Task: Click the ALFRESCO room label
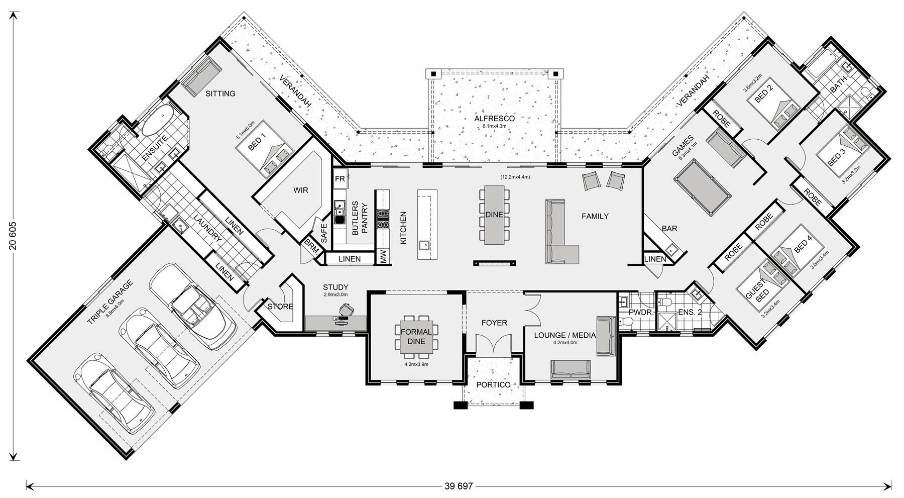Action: (x=494, y=119)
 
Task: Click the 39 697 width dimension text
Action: (x=459, y=486)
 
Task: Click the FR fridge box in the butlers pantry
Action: (x=340, y=179)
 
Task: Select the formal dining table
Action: (x=416, y=337)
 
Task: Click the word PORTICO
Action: (x=493, y=385)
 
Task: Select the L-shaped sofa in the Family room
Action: (x=561, y=232)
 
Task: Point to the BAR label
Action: (x=669, y=229)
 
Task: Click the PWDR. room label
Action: (x=641, y=312)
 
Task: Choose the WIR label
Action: (x=301, y=190)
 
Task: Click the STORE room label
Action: (x=280, y=307)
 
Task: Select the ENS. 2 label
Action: (x=690, y=312)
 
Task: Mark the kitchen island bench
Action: (x=427, y=224)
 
